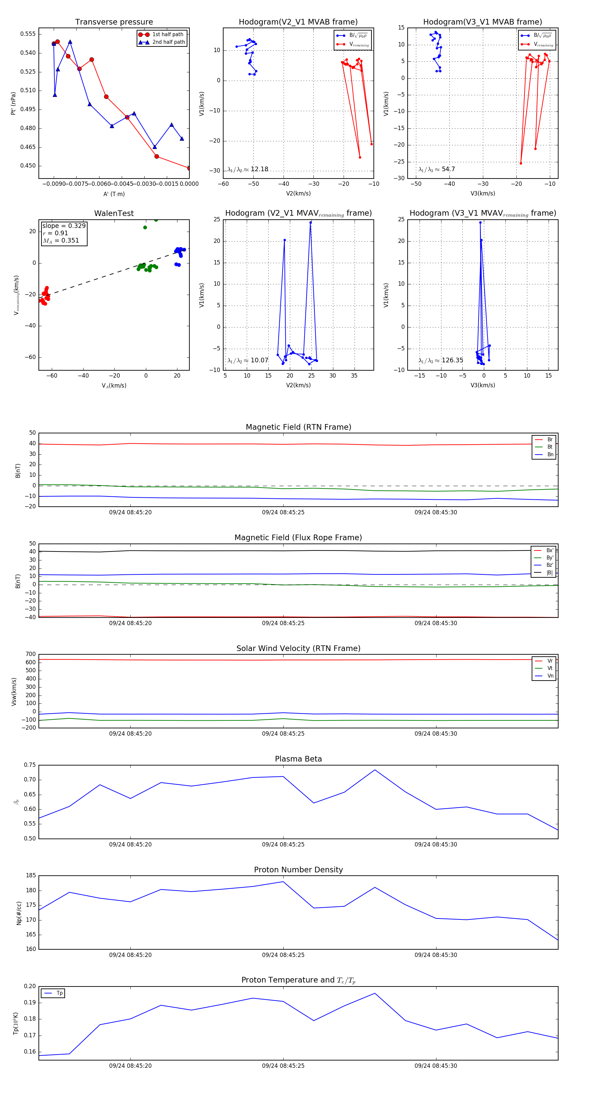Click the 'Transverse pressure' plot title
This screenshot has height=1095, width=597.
tap(114, 22)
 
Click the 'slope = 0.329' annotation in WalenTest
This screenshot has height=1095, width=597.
tap(64, 226)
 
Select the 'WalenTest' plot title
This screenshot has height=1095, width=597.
tap(114, 213)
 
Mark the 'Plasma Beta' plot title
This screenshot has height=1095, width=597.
tap(298, 759)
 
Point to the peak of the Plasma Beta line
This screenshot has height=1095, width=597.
tap(375, 770)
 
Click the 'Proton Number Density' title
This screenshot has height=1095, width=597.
tap(298, 870)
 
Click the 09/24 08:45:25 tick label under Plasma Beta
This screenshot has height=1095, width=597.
tap(283, 844)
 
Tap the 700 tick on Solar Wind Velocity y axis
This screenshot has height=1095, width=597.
tap(31, 654)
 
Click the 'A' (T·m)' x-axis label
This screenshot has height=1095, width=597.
tap(114, 194)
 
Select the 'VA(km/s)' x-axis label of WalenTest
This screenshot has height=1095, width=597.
tap(114, 386)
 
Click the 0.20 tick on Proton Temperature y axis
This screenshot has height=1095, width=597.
tap(30, 986)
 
